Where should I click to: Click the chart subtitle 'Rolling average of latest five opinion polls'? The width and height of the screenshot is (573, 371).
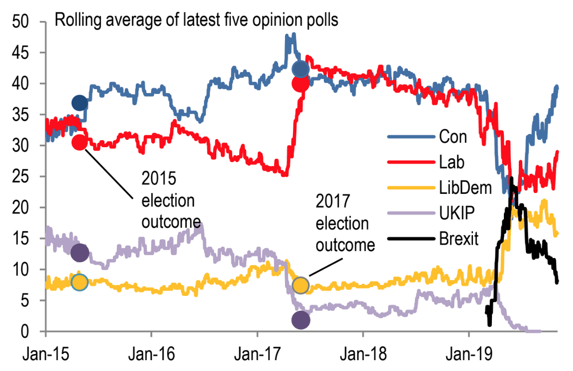(x=196, y=20)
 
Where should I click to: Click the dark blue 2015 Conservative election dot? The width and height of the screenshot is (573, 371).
(x=80, y=103)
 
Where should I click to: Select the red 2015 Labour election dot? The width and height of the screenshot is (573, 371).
(x=80, y=142)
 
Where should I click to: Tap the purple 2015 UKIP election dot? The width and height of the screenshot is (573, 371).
(x=80, y=253)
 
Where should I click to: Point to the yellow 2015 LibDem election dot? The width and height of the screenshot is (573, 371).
(x=80, y=282)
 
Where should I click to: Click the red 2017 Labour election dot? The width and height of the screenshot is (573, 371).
(x=300, y=84)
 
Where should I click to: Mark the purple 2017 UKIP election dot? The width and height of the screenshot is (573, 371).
(x=300, y=320)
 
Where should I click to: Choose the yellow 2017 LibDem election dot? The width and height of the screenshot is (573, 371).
(x=301, y=285)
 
